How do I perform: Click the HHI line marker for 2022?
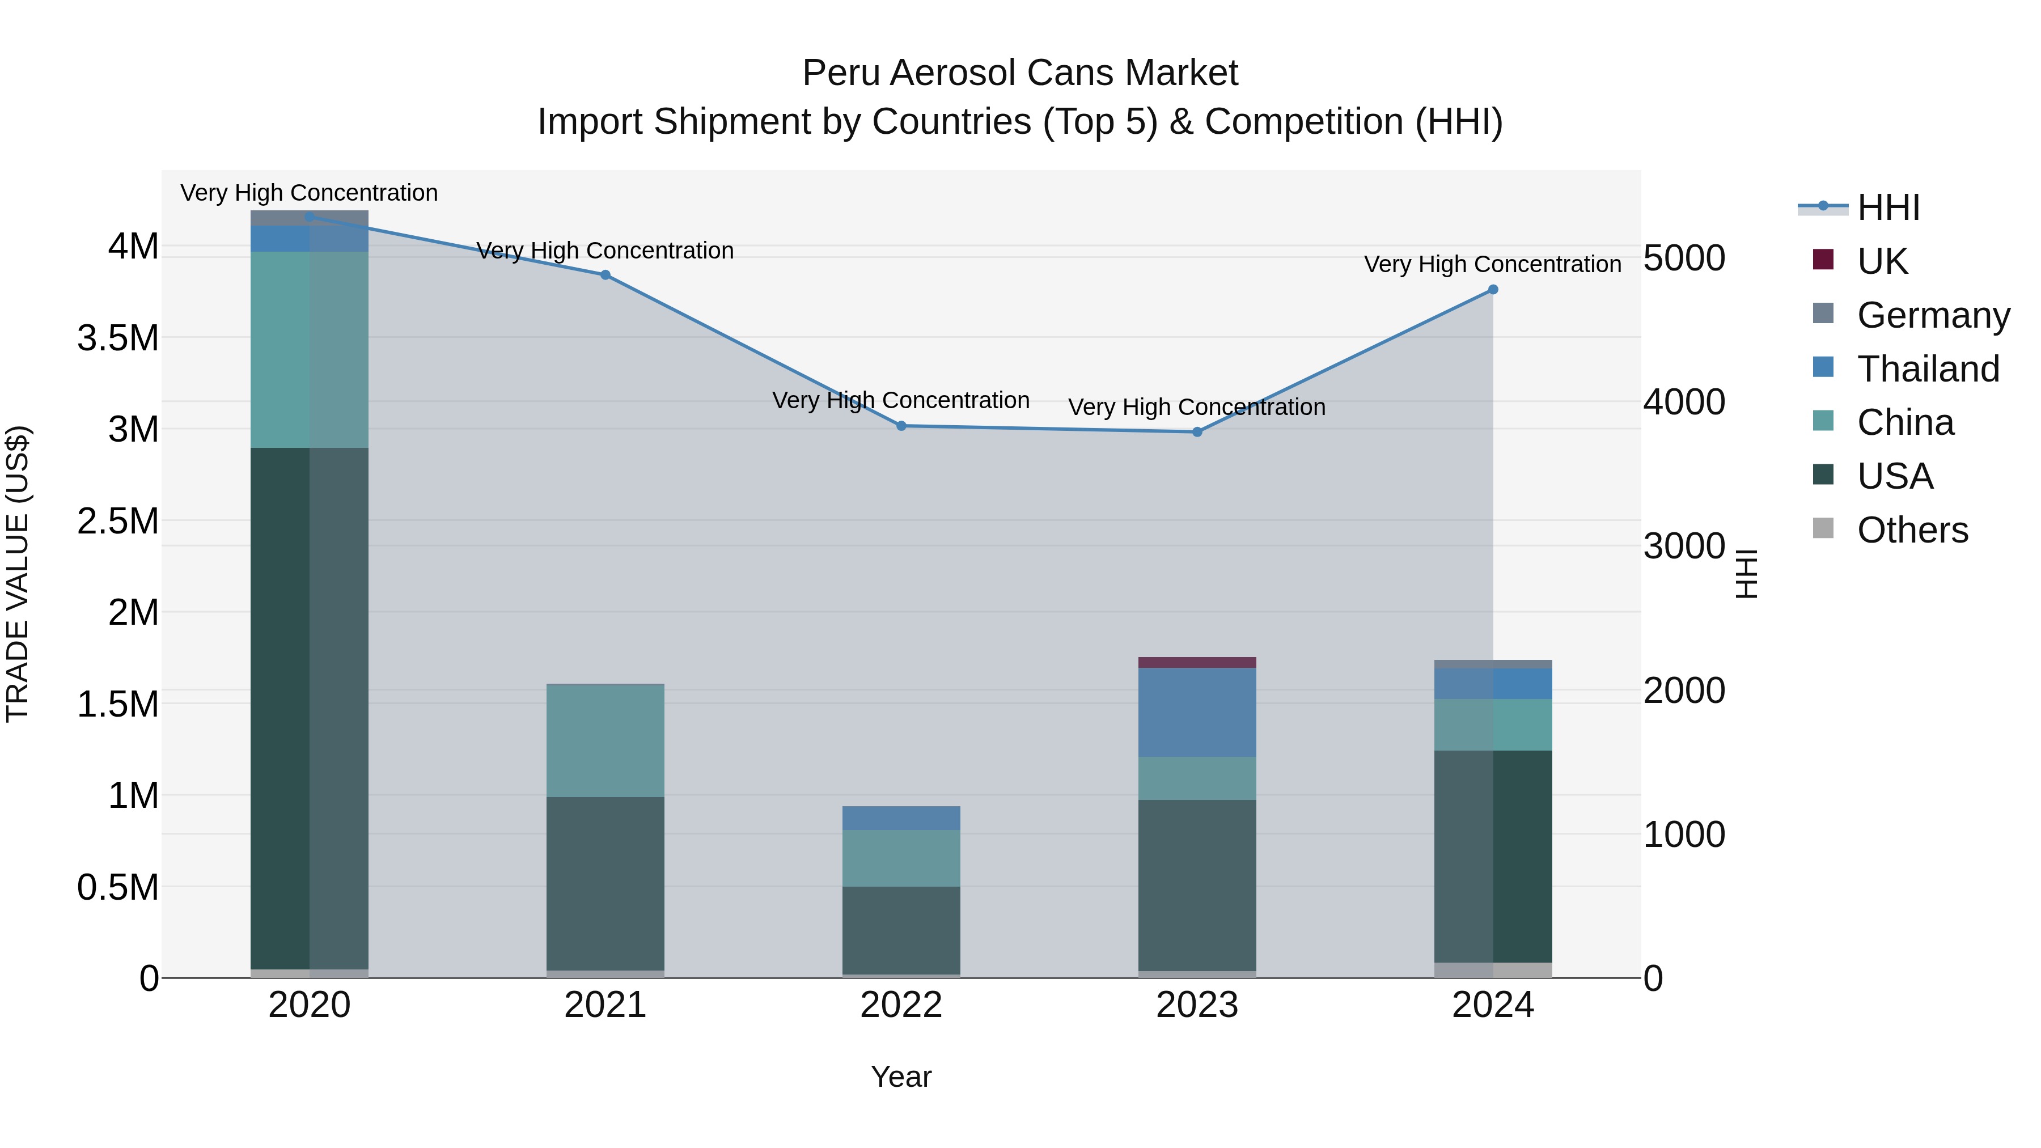[901, 425]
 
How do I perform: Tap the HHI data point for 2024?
[1493, 289]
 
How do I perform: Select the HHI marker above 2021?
[605, 275]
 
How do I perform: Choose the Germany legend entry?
[1933, 315]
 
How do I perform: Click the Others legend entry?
[1912, 530]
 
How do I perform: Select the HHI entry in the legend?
[1888, 207]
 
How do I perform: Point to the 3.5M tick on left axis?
[118, 338]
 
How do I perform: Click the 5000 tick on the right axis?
[1684, 259]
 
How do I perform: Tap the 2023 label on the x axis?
[1196, 1005]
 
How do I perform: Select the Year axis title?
[901, 1077]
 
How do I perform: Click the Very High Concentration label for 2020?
[309, 193]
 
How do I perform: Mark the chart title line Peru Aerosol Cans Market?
[1020, 73]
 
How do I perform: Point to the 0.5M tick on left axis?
[118, 887]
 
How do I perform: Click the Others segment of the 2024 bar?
[1493, 970]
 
